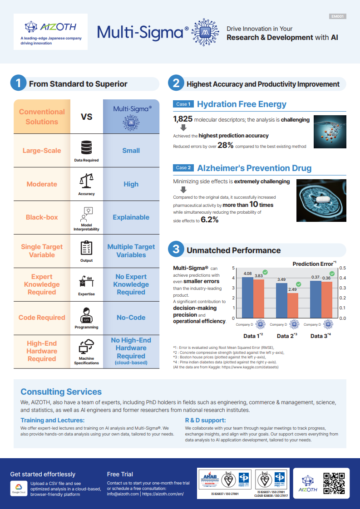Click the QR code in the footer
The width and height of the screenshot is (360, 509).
[x=334, y=483]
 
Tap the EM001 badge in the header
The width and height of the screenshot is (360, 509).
[x=337, y=17]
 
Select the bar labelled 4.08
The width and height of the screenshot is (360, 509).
[x=247, y=298]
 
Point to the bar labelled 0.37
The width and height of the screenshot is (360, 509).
[x=316, y=299]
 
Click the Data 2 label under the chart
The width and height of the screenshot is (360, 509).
[x=286, y=336]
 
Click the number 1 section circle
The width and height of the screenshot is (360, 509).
[x=18, y=83]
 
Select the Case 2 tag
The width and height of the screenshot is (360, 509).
[x=183, y=168]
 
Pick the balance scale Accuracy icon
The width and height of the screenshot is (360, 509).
[x=86, y=181]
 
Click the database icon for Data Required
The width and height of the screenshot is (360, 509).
[x=86, y=147]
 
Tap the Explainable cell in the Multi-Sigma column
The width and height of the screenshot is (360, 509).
[x=131, y=217]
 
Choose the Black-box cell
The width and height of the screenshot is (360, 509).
[x=42, y=217]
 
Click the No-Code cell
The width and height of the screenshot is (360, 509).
[x=131, y=318]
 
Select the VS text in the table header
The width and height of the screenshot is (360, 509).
[x=86, y=117]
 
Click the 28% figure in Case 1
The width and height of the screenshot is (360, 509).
[x=225, y=145]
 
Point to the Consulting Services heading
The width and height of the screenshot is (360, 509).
[x=61, y=392]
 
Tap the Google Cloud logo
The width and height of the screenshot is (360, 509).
[x=18, y=488]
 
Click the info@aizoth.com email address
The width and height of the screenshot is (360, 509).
[x=123, y=494]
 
